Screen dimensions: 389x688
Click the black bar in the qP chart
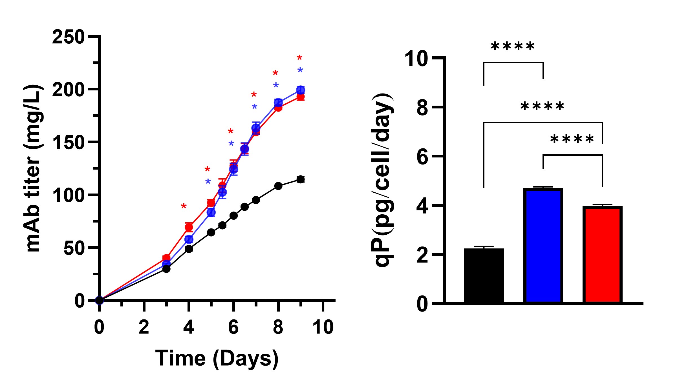484,275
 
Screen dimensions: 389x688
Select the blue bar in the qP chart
543,245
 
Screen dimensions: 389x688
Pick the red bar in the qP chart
602,254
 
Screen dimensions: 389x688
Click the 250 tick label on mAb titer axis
68,37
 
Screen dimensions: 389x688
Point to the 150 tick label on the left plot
68,143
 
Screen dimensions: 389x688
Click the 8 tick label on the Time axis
278,327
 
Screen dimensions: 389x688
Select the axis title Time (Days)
217,359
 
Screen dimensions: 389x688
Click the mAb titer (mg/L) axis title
33,168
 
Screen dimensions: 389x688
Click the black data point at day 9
301,179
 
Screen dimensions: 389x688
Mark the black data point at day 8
278,186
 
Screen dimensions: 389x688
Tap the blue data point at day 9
301,90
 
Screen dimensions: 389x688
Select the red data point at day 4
189,227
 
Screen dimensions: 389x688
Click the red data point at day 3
166,257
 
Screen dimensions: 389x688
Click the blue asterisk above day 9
300,70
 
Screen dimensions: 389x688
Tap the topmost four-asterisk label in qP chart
513,46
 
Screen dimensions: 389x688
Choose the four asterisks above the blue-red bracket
572,139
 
